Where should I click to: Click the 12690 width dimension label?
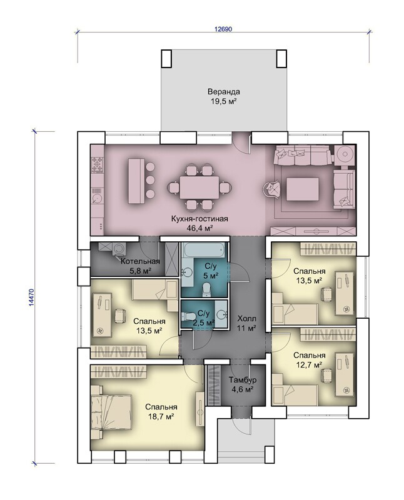[x=223, y=29]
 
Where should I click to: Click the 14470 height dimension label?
[x=31, y=297]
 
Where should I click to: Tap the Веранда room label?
[x=224, y=92]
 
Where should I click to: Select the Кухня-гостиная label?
[x=199, y=219]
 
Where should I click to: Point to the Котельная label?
[x=140, y=262]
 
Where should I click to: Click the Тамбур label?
[x=243, y=380]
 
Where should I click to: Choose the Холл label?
[x=246, y=319]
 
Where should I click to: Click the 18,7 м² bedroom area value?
[x=161, y=416]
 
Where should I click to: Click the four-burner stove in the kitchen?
[x=98, y=164]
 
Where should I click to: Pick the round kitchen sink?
[x=97, y=198]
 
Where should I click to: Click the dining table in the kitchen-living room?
[x=199, y=187]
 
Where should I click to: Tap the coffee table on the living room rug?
[x=303, y=189]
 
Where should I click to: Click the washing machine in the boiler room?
[x=119, y=249]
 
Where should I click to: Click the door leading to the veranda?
[x=241, y=144]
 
